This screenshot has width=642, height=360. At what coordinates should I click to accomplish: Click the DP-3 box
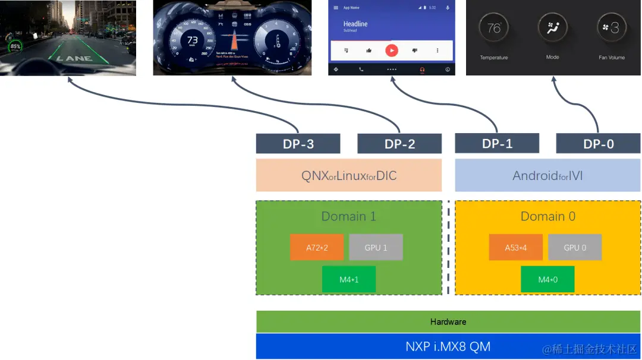point(298,144)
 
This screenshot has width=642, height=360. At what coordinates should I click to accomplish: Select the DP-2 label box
point(399,144)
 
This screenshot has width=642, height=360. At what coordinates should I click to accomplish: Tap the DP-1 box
point(497,143)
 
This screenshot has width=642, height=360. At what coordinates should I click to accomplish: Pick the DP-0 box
point(598,144)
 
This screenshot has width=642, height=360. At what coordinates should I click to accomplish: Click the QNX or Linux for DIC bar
point(349,175)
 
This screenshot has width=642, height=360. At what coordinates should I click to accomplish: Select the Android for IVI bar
point(548,175)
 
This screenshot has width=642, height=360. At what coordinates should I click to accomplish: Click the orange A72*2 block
point(317,247)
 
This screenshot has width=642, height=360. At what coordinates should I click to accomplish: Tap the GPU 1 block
point(376,247)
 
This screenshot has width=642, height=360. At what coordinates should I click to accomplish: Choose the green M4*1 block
point(349,279)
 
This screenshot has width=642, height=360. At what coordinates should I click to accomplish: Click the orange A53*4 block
point(516,247)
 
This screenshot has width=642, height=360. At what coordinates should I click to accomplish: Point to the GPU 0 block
point(575,247)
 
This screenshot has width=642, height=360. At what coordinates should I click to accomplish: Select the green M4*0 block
point(547,279)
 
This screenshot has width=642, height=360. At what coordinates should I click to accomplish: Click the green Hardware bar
point(448,321)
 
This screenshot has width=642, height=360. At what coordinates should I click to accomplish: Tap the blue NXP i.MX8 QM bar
point(448,346)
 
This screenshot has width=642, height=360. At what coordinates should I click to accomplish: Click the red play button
point(391,50)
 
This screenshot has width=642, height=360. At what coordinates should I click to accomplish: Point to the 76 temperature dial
point(494,28)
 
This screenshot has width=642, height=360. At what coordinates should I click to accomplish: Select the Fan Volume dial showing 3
point(611,28)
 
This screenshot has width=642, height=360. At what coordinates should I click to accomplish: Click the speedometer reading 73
point(193,40)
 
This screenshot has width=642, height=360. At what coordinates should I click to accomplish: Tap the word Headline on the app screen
point(355,24)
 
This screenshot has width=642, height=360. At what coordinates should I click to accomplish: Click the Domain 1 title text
point(349,216)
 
